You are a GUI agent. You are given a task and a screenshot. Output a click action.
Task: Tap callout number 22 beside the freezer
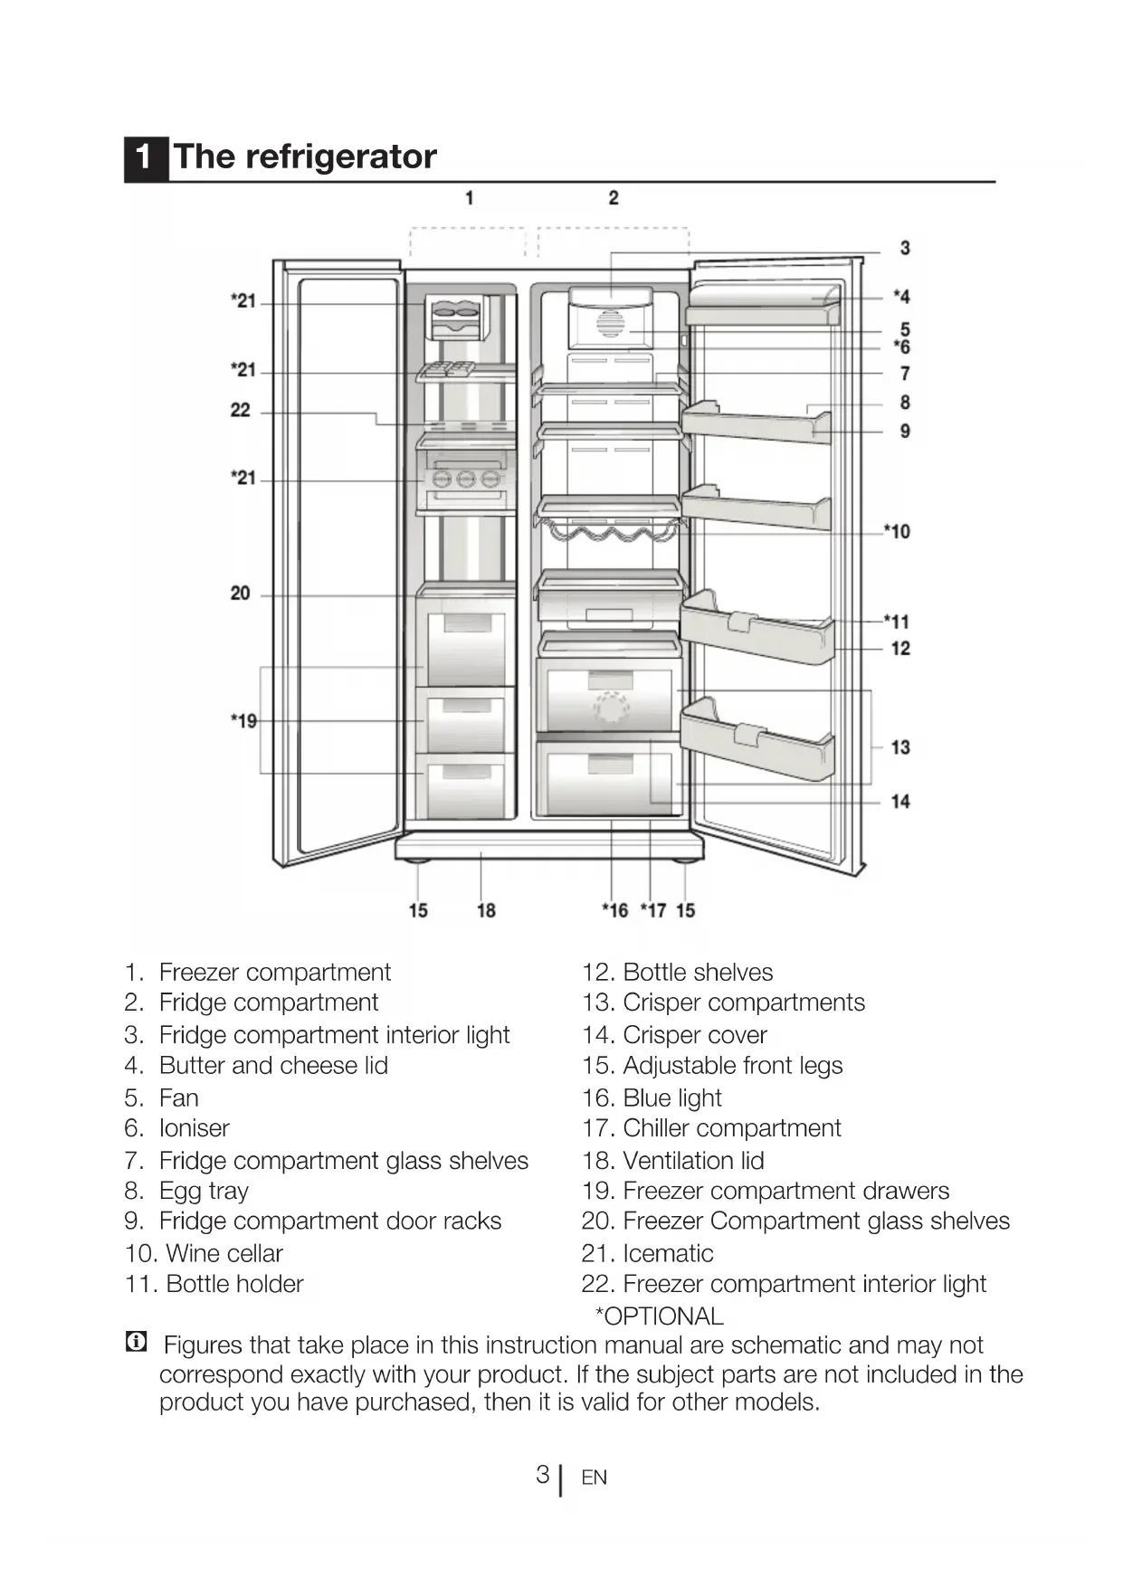tap(240, 410)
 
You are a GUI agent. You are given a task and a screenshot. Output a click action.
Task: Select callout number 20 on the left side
tap(240, 594)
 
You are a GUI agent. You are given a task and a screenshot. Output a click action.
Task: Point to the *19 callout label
tap(243, 721)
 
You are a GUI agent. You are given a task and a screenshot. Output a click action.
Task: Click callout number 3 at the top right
tap(904, 248)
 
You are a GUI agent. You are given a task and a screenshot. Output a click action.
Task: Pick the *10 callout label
tap(897, 531)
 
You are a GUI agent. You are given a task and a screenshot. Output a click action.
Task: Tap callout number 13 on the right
tap(899, 747)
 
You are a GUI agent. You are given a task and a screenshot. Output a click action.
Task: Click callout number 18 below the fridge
tap(486, 910)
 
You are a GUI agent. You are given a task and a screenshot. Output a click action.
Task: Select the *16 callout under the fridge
tap(614, 910)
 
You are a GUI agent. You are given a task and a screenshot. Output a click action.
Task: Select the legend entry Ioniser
tap(194, 1128)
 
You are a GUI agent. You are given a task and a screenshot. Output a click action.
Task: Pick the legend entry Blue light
tap(671, 1098)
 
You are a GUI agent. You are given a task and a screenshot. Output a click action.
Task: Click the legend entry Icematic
tap(668, 1253)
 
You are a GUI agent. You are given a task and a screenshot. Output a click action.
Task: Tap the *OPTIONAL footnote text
tap(659, 1316)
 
